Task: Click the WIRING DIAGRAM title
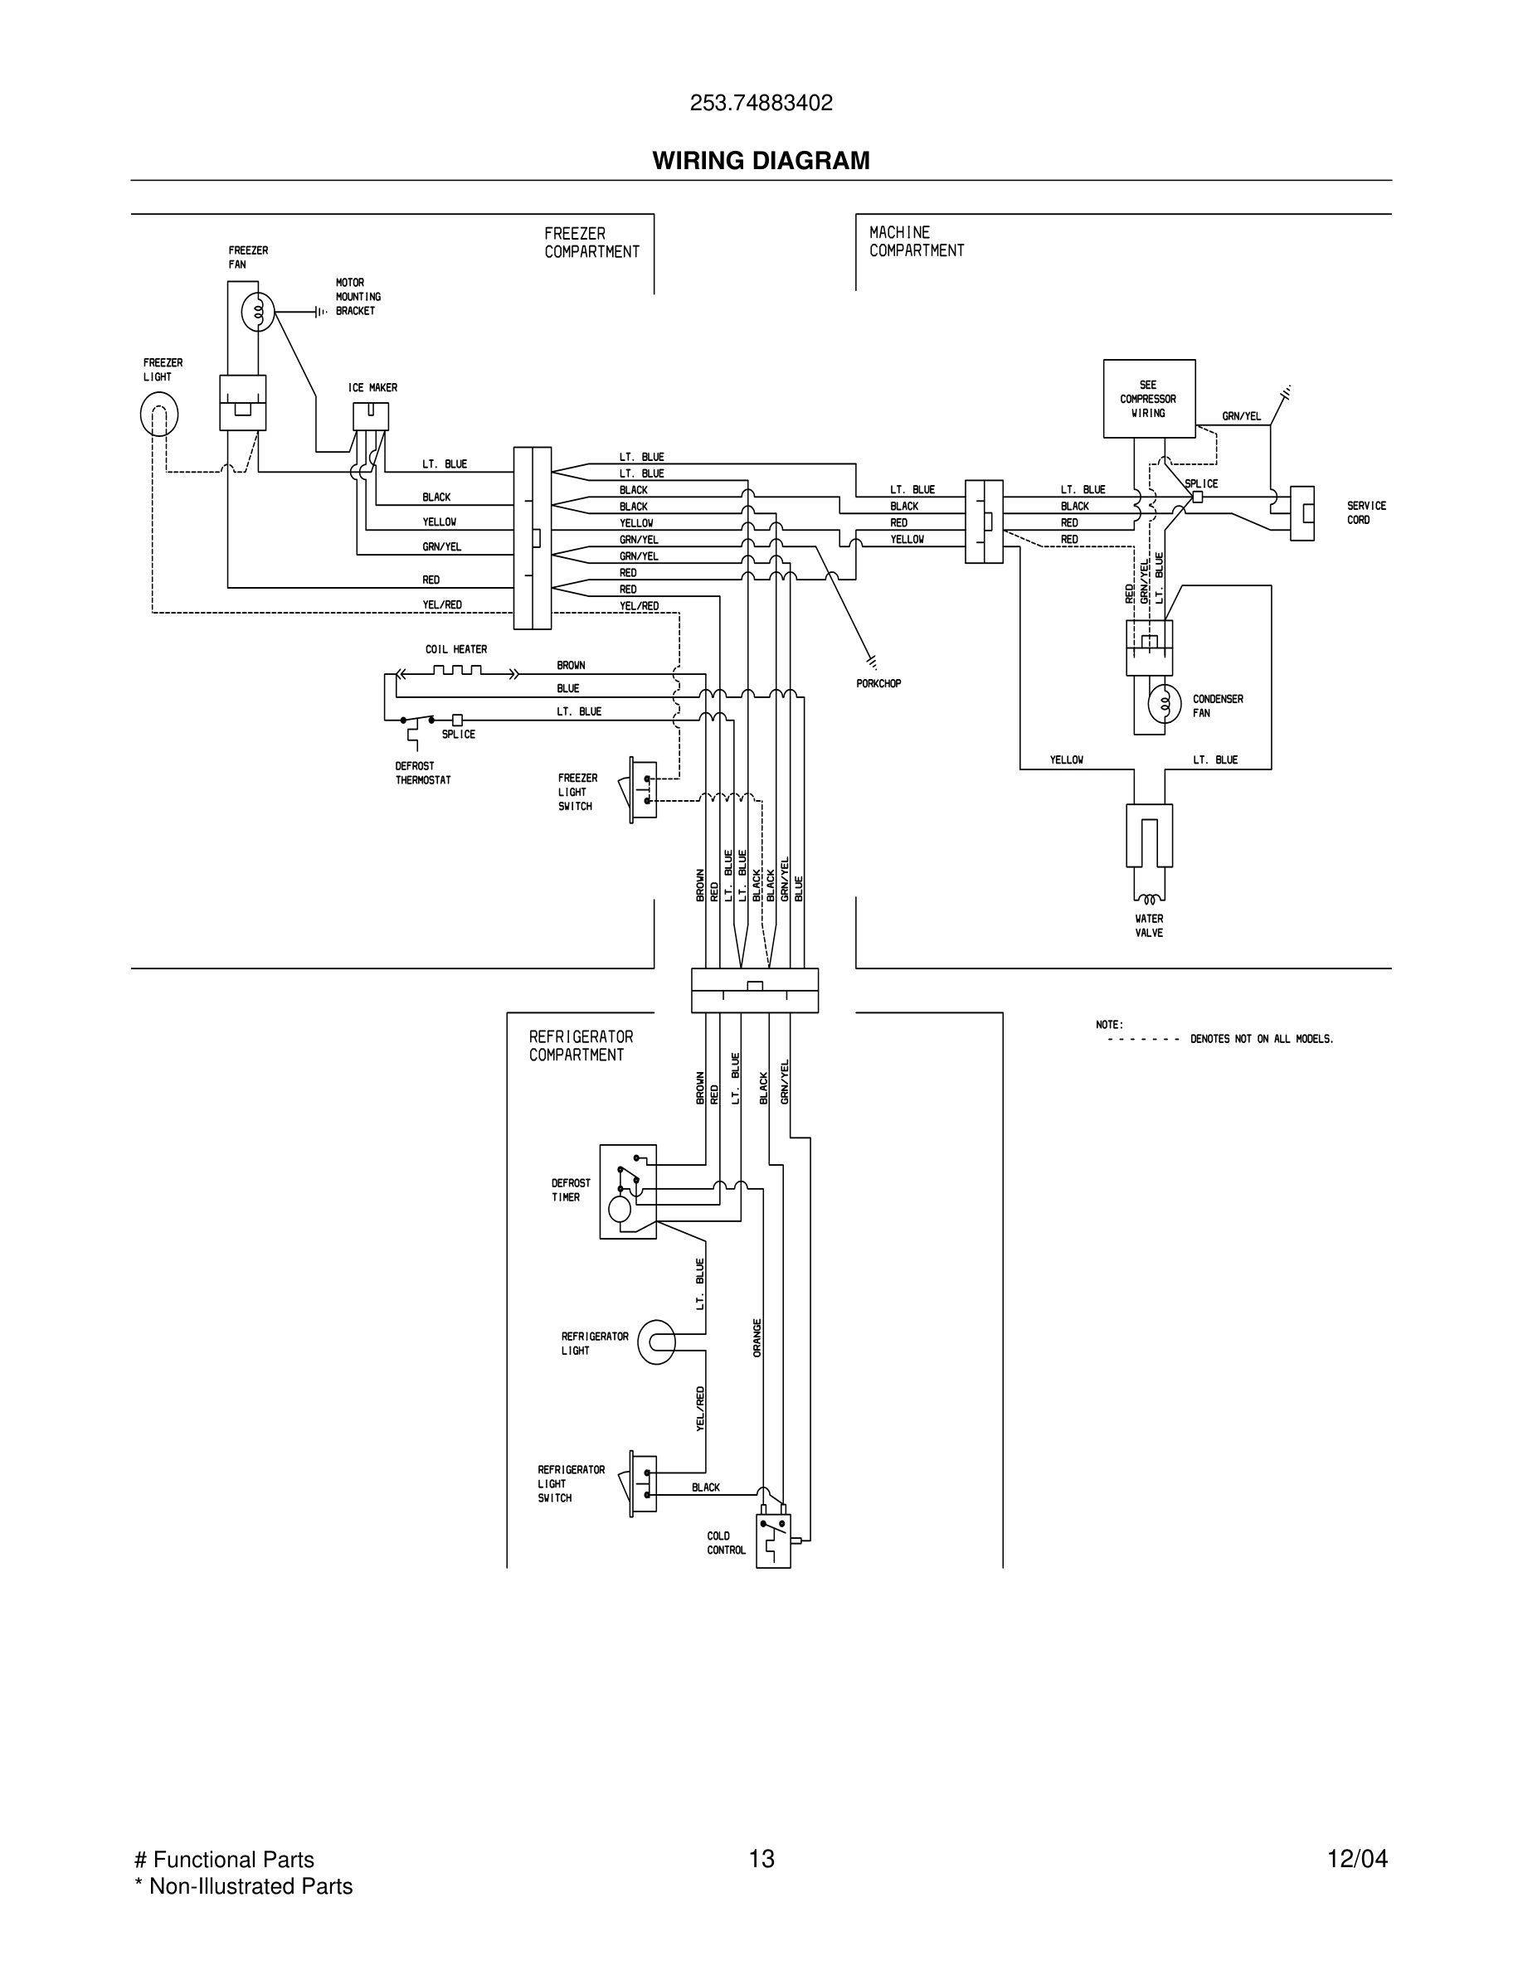click(x=761, y=161)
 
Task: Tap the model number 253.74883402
click(x=761, y=103)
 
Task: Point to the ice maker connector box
click(x=370, y=416)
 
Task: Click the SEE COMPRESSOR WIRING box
click(x=1149, y=399)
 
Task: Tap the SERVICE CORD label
click(x=1365, y=512)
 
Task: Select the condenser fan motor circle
click(x=1164, y=704)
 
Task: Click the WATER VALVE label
click(x=1149, y=925)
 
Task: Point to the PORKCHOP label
click(x=878, y=684)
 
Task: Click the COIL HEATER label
click(x=455, y=649)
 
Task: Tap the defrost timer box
click(x=628, y=1191)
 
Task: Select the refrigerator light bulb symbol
click(x=656, y=1343)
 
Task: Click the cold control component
click(x=773, y=1541)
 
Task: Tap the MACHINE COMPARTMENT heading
click(x=916, y=242)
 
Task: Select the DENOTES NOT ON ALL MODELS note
click(x=1260, y=1039)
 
